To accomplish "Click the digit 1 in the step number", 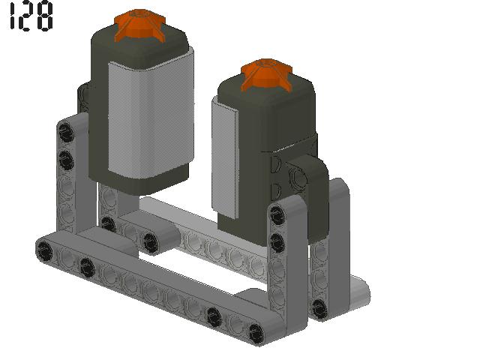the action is point(12,16).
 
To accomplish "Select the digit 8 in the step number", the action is point(45,16).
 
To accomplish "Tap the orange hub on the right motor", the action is point(267,75).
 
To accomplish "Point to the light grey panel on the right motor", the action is point(225,158).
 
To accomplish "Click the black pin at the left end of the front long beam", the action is point(44,250).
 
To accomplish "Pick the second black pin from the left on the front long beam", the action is point(86,267).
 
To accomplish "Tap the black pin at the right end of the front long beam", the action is point(256,333).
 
